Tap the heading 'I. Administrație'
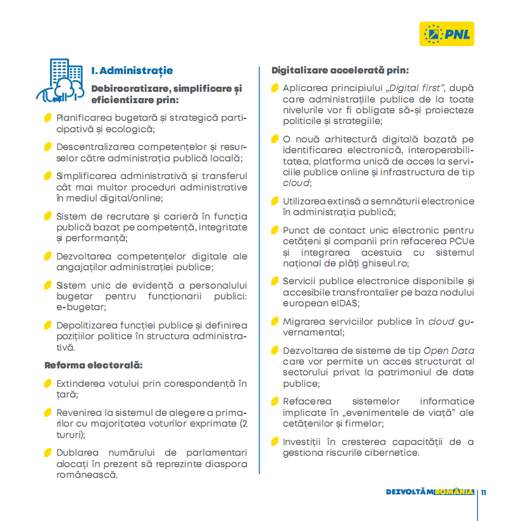click(132, 70)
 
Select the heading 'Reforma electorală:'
click(94, 365)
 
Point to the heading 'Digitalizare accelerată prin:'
click(340, 70)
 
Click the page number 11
click(483, 492)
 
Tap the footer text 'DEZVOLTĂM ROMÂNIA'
click(430, 492)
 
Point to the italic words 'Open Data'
click(449, 351)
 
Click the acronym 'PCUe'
click(459, 242)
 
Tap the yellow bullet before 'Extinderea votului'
click(48, 384)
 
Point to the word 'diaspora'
click(224, 463)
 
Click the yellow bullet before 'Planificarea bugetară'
click(48, 118)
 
